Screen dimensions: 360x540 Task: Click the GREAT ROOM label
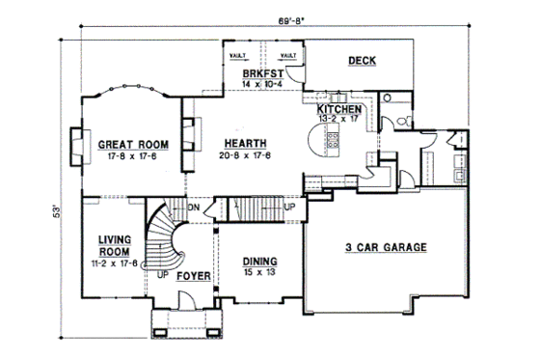point(133,145)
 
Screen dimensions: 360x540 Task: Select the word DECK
point(363,63)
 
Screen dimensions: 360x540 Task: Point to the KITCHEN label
point(339,110)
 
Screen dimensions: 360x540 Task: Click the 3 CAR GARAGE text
point(386,248)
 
